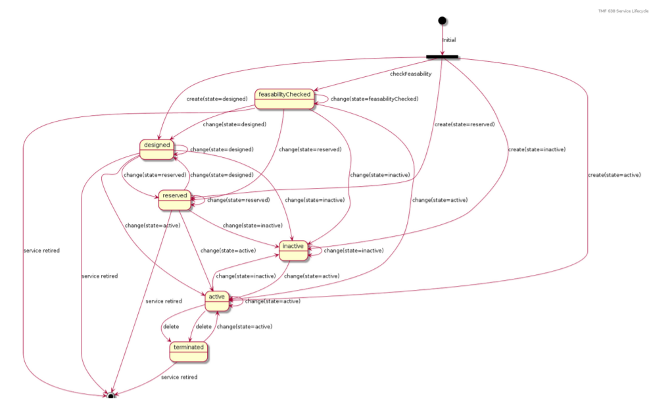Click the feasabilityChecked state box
pos(284,98)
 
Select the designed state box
pos(156,149)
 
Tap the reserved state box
pos(174,199)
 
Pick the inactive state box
pos(293,249)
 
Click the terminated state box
pos(189,350)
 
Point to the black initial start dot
pos(442,20)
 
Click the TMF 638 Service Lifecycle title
pos(623,11)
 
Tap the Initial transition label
pos(449,40)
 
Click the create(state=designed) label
pos(216,99)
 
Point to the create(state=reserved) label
pos(464,124)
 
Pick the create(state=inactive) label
pos(536,149)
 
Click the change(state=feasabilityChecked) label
pos(373,99)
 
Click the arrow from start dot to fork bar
pos(442,39)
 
